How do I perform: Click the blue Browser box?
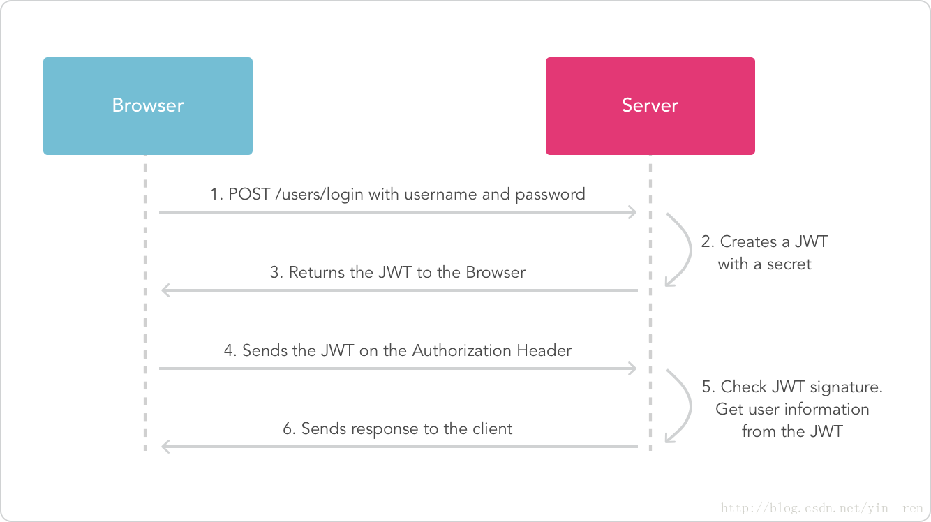pos(147,105)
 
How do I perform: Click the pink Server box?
pos(650,105)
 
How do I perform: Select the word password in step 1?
pos(549,194)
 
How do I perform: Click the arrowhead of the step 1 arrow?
pos(632,211)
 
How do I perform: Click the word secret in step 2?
pos(789,264)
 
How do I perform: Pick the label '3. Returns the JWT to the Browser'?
pos(398,272)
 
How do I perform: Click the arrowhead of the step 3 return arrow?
pos(165,290)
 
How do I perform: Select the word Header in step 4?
pos(544,350)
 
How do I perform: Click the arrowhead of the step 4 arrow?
pos(632,368)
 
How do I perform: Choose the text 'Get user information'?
pos(792,409)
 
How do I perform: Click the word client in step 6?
pos(491,428)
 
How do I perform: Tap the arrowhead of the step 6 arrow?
pos(165,446)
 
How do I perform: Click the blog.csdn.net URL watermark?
pos(821,509)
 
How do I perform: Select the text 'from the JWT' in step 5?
pos(791,431)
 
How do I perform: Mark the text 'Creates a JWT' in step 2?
pos(773,242)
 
